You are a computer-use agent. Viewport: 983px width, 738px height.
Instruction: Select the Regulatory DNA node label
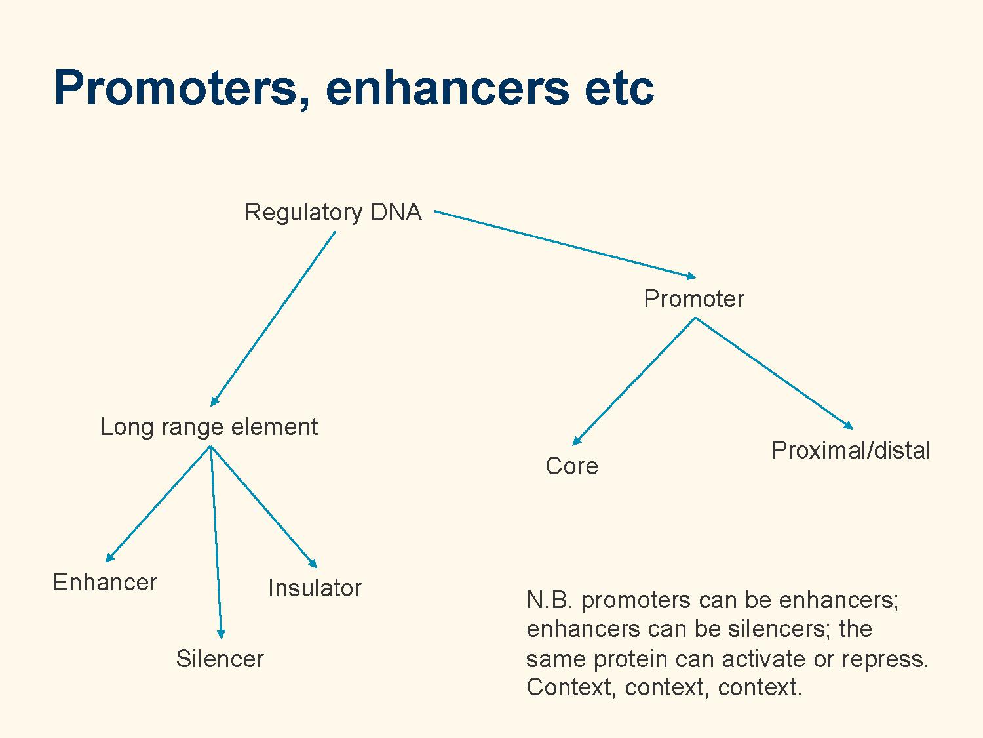coord(333,213)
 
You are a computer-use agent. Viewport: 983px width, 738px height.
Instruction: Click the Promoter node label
coord(694,299)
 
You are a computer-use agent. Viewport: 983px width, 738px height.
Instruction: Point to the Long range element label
coord(208,426)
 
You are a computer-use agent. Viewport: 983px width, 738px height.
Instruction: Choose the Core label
coord(571,466)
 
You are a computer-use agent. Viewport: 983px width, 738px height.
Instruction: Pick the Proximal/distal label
coord(851,450)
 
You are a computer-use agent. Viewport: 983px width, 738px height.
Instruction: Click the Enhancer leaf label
coord(105,583)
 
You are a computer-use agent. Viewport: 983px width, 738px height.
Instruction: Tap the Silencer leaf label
coord(220,659)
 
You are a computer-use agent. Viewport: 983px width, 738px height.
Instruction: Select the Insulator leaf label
coord(315,588)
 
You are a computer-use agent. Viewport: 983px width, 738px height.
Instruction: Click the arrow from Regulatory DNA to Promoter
coord(565,245)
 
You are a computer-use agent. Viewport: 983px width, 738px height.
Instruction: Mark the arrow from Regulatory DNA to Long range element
coord(273,319)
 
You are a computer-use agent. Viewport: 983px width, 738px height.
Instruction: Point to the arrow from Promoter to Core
coord(634,381)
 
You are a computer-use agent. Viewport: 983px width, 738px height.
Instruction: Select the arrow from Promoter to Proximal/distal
coord(774,373)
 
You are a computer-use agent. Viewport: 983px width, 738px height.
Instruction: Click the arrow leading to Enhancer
coord(158,504)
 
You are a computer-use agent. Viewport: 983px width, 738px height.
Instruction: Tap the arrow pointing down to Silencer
coord(216,543)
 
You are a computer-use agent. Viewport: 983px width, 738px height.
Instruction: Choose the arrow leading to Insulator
coord(264,507)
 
